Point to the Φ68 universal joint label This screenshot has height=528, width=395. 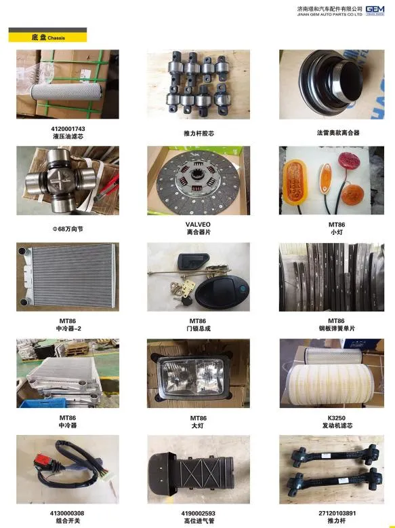click(x=67, y=229)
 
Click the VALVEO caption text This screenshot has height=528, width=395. click(x=198, y=224)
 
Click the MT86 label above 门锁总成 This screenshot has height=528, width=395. click(x=198, y=321)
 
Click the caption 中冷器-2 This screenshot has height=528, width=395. click(x=67, y=328)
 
